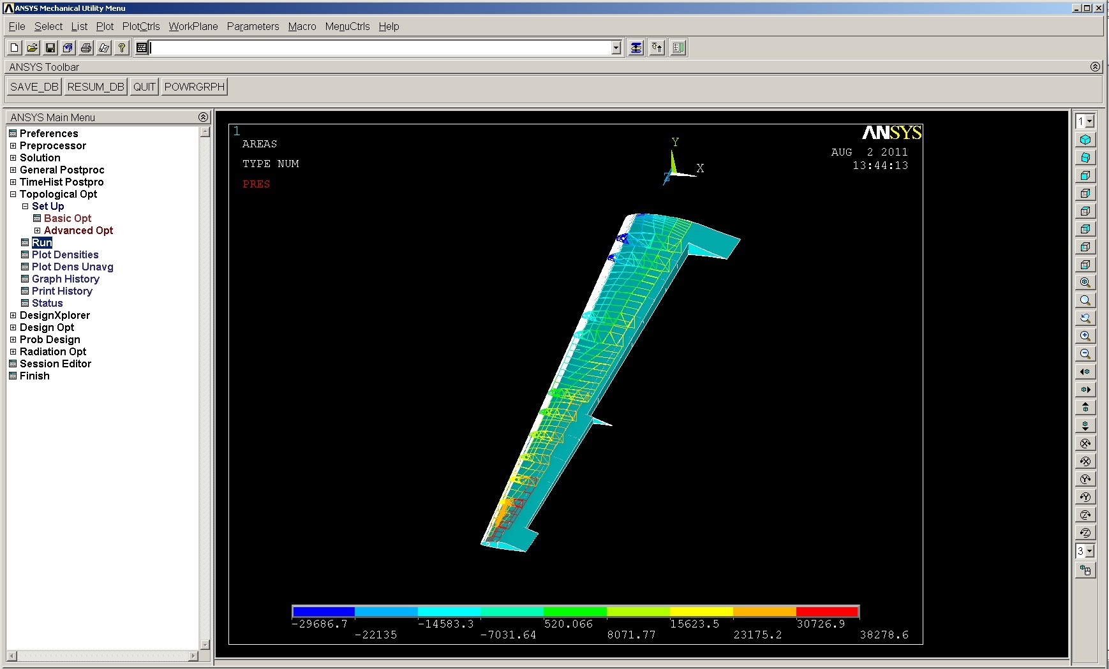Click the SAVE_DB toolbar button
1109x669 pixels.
34,87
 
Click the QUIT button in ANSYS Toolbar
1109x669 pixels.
144,87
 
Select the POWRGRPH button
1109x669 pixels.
195,87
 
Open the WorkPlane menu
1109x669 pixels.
193,26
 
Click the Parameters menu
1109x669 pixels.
253,26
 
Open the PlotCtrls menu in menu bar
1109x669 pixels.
141,26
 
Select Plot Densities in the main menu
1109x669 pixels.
65,254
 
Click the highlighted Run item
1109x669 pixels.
42,242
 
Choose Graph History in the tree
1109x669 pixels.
66,279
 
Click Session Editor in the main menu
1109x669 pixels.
56,364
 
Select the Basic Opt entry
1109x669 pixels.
68,218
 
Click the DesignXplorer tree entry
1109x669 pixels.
55,315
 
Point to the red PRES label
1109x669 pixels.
256,184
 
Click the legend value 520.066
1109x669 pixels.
569,624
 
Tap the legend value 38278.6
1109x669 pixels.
884,635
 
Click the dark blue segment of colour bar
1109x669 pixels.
323,612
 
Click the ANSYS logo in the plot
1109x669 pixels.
891,132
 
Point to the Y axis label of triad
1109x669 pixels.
675,142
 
